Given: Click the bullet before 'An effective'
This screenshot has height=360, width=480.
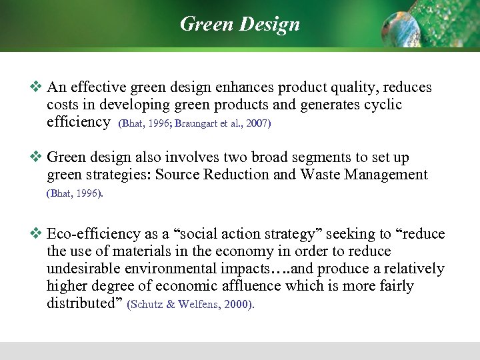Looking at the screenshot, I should coord(36,87).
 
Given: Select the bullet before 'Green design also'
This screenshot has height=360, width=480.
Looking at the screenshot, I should coord(36,157).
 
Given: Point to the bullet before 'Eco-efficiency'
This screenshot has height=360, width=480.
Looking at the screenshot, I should coord(36,234).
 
